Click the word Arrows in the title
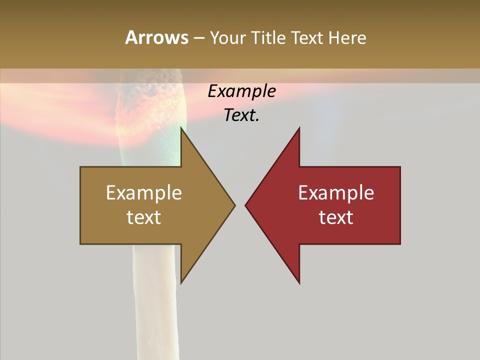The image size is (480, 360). click(x=156, y=37)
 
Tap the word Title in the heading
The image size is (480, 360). click(x=269, y=37)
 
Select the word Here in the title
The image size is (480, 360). click(x=347, y=37)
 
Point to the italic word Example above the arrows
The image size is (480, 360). click(x=241, y=91)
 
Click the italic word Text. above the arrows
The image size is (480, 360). click(x=241, y=115)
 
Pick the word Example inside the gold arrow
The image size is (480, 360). click(x=144, y=193)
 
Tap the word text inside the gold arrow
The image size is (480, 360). click(x=144, y=217)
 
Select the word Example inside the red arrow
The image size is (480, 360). click(x=336, y=193)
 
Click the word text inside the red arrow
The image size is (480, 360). click(x=336, y=217)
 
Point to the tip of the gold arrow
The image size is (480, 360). click(x=234, y=205)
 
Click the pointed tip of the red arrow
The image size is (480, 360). click(x=246, y=205)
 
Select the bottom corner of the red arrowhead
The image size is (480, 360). click(x=299, y=283)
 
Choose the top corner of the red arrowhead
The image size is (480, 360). click(x=299, y=128)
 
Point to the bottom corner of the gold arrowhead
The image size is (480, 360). click(x=181, y=283)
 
